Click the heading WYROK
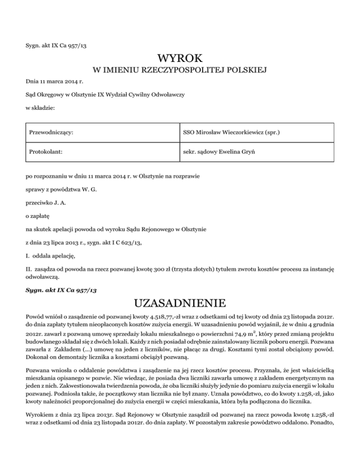[x=180, y=58]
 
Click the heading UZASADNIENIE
[x=180, y=301]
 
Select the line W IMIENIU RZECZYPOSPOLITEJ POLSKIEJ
[x=180, y=71]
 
